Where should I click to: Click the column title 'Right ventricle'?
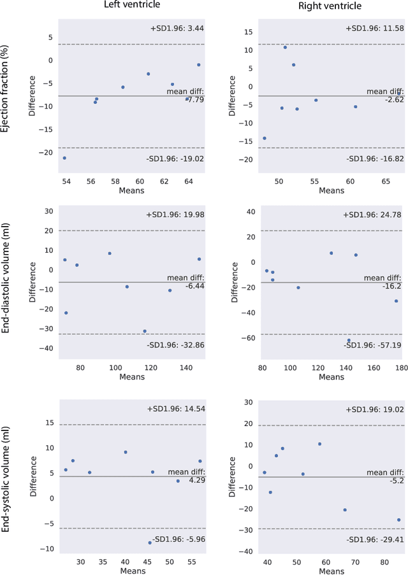331,6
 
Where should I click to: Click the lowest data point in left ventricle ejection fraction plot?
64,158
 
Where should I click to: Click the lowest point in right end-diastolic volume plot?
349,340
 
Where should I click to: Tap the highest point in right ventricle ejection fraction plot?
285,48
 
